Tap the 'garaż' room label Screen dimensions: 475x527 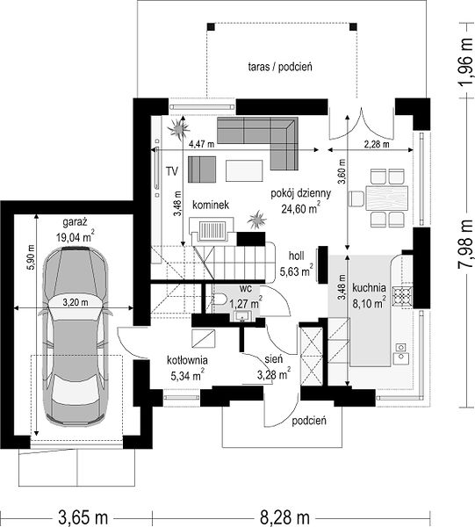(76, 222)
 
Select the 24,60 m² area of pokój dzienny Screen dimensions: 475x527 (300, 208)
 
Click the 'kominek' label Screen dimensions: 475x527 (211, 205)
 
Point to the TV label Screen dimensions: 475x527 (172, 171)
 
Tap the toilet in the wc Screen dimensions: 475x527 (219, 299)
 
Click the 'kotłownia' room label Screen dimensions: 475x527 (187, 360)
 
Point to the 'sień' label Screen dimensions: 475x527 (274, 359)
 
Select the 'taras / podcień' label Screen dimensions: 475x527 (280, 67)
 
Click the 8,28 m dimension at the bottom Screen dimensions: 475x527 (284, 517)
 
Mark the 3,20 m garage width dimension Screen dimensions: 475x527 (76, 302)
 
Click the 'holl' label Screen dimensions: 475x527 (297, 256)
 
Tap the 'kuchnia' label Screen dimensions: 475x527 (369, 288)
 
